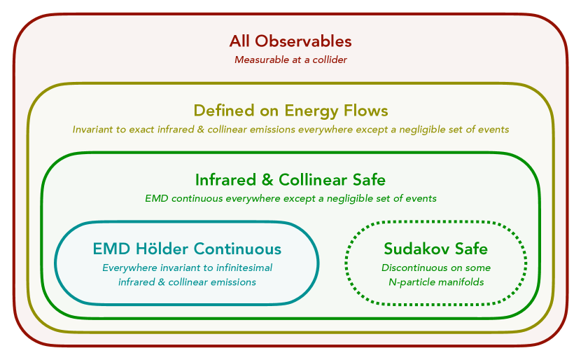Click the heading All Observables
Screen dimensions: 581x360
point(290,41)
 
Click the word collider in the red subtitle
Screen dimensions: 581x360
point(330,60)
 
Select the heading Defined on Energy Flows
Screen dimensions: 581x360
point(291,111)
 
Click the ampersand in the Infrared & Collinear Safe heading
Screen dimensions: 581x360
point(267,180)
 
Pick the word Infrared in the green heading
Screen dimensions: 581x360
point(225,180)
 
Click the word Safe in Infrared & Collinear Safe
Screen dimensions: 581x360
point(369,180)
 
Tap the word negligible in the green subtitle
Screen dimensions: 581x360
point(349,199)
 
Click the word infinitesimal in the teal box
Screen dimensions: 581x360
point(244,268)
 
